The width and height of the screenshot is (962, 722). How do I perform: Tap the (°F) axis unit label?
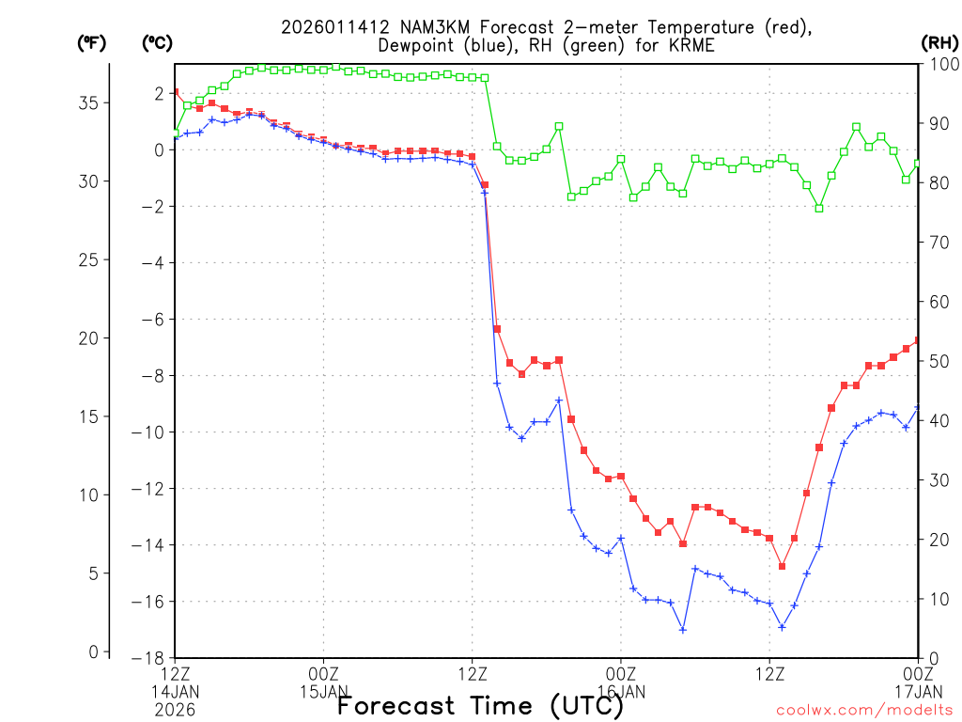click(x=91, y=42)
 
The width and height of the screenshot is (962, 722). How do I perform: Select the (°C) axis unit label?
click(x=158, y=42)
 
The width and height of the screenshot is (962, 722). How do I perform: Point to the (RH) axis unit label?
click(x=938, y=42)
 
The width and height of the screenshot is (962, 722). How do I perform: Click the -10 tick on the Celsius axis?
click(x=148, y=432)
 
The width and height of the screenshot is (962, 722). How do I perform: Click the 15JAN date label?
click(x=324, y=692)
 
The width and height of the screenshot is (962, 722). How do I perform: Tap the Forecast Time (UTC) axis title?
click(x=480, y=706)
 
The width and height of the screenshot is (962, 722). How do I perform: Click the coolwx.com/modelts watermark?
click(x=864, y=710)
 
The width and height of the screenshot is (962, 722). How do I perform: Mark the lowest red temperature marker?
click(x=782, y=566)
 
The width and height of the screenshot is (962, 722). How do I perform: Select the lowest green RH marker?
click(x=818, y=208)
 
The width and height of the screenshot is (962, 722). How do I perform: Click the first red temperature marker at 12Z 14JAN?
click(x=176, y=92)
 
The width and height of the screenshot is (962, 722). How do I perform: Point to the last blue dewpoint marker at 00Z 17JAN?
click(x=917, y=407)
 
